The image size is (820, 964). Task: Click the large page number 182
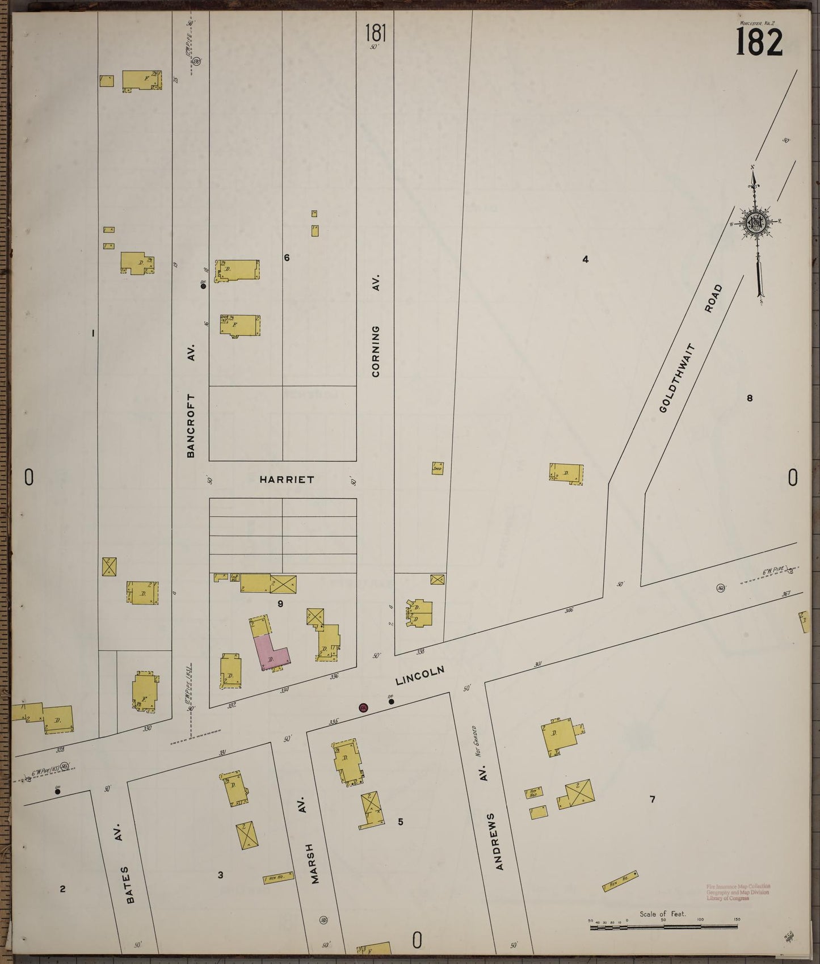pos(759,42)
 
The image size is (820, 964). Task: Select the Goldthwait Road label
pos(691,348)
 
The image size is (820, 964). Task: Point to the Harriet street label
pos(287,479)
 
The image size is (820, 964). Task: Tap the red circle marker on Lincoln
pos(363,708)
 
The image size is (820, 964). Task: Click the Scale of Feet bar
pos(663,926)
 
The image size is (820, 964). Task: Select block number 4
pos(585,260)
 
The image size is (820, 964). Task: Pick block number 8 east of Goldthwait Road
pos(749,398)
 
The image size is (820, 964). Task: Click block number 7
pos(653,799)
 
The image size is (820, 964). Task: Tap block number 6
pos(287,258)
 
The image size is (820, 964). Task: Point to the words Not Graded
pos(478,742)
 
